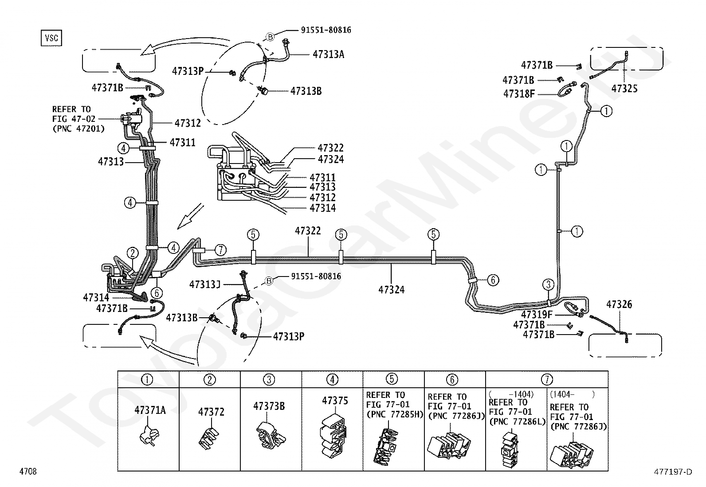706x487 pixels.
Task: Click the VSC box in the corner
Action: (x=51, y=38)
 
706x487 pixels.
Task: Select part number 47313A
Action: (x=328, y=55)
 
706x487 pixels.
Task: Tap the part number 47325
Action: (x=624, y=89)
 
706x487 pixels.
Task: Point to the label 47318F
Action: (x=519, y=94)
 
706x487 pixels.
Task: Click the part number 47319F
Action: (x=537, y=314)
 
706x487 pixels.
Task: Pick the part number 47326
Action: (x=619, y=304)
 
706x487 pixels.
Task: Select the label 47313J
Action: (x=204, y=284)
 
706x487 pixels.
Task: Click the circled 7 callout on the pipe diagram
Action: (x=221, y=250)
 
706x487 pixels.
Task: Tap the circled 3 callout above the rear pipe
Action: (x=548, y=285)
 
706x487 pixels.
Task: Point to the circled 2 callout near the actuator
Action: (x=133, y=253)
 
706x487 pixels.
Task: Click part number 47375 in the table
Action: (x=335, y=401)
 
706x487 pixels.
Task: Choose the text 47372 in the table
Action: (x=211, y=412)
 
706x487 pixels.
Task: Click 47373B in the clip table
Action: (x=269, y=406)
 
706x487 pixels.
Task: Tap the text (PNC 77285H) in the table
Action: (x=395, y=415)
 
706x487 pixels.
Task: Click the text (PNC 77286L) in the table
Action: (x=517, y=422)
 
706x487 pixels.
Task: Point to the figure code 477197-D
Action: (x=673, y=471)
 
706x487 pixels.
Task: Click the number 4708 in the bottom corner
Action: (x=28, y=471)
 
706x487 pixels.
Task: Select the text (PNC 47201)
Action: (x=78, y=129)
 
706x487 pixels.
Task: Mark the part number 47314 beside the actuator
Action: (x=96, y=297)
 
